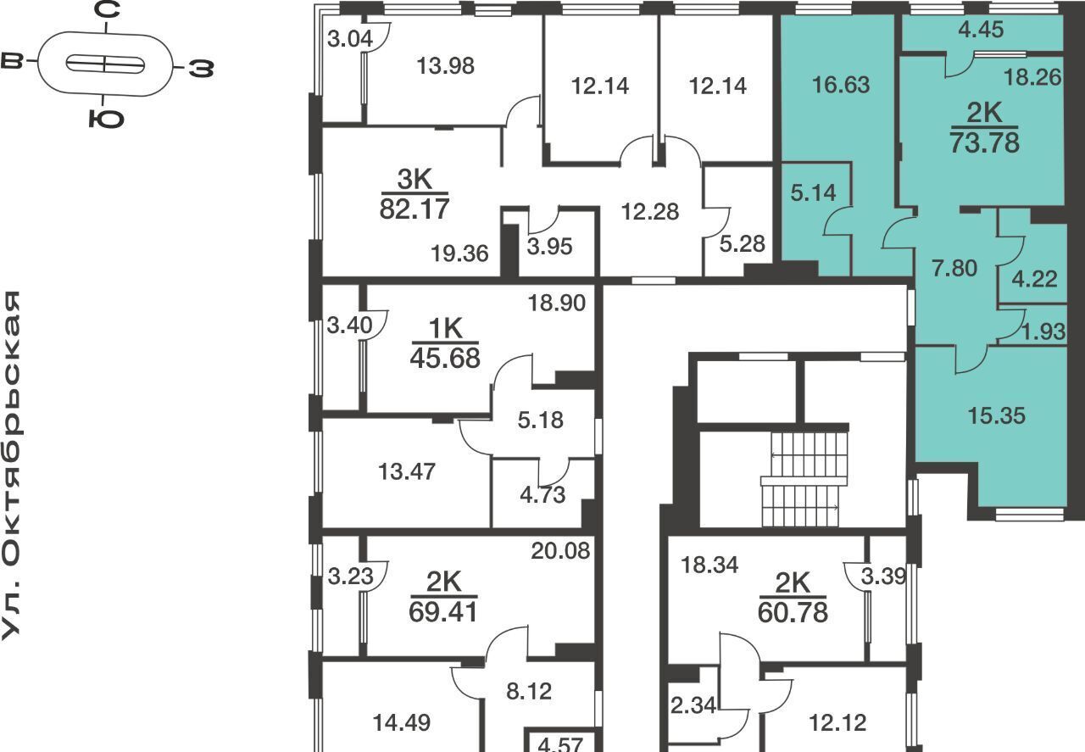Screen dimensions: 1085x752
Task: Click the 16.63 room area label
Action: coord(841,85)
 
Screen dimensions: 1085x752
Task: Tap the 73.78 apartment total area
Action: coord(985,143)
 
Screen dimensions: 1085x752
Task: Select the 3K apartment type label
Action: coord(415,179)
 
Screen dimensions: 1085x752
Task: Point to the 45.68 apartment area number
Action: coord(445,358)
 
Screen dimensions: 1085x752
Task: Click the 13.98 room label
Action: coord(446,66)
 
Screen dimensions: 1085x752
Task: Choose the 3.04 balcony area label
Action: coord(350,39)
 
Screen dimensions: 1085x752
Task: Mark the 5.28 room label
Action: coord(742,243)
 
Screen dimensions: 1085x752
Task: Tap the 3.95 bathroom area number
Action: coord(550,247)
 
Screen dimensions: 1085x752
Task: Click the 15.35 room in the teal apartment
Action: coord(996,415)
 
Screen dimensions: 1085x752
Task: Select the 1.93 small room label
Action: coord(1043,331)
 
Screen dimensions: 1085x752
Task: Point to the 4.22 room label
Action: coord(1035,279)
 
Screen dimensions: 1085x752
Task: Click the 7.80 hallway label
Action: coord(954,269)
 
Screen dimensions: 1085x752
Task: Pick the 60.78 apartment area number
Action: coord(793,612)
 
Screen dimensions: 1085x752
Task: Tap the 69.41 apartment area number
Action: coord(443,611)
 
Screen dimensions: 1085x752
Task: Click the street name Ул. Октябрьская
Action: coord(11,465)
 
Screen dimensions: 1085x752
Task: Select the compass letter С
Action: coord(107,9)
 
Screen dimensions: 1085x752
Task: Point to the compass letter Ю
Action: coord(107,119)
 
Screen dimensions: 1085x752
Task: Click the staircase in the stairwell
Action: coord(804,479)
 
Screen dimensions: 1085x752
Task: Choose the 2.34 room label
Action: coord(693,705)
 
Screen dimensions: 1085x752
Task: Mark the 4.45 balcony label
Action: coord(981,30)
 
